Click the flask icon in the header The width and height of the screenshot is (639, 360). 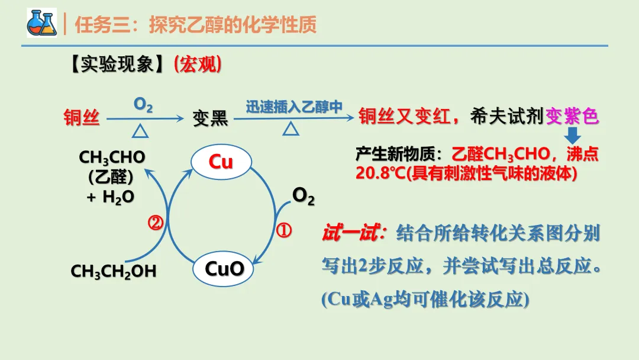click(x=41, y=24)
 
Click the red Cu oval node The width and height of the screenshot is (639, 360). click(x=221, y=162)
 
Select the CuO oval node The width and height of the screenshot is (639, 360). click(x=224, y=269)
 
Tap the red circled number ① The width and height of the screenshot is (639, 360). click(x=284, y=230)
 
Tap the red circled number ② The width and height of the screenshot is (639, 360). click(x=156, y=223)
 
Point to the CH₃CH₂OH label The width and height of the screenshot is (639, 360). click(x=114, y=271)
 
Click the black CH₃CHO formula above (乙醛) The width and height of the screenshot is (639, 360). click(x=112, y=157)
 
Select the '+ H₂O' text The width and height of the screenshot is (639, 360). click(x=111, y=198)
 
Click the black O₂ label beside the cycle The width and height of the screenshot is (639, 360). click(x=304, y=195)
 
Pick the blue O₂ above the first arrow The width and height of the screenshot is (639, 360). click(x=143, y=105)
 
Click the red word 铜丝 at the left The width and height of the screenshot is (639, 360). click(x=82, y=118)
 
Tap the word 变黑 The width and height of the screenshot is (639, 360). click(x=210, y=118)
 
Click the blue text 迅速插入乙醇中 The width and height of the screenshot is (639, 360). click(x=294, y=107)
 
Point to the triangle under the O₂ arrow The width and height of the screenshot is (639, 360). click(x=140, y=130)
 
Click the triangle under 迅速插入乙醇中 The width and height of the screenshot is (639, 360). click(x=291, y=128)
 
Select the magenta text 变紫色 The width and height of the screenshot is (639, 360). click(x=572, y=117)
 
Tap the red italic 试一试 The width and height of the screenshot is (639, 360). click(x=351, y=233)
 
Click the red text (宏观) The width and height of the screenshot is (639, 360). click(x=198, y=65)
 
